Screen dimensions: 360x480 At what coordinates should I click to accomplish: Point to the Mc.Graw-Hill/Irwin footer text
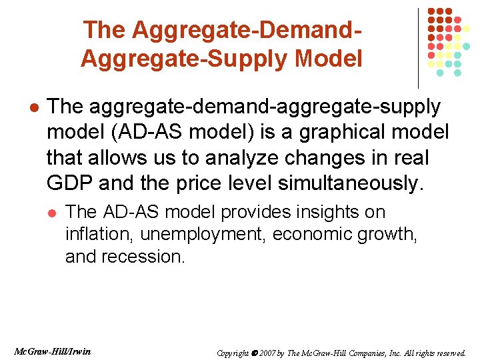pyautogui.click(x=52, y=351)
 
